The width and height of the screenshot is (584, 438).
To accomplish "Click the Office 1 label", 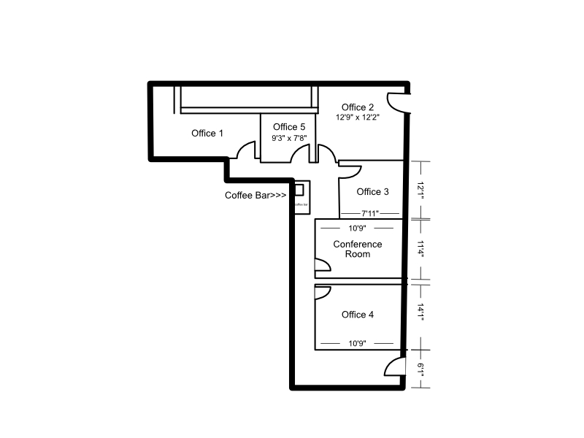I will click(207, 133).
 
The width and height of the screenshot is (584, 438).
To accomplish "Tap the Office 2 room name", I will click(358, 108).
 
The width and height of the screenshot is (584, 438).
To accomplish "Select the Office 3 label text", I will click(372, 192).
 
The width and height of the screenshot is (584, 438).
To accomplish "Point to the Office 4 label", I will click(358, 315).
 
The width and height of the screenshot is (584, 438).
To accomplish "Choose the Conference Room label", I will click(358, 249).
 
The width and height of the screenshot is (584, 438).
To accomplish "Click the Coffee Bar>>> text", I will click(255, 196).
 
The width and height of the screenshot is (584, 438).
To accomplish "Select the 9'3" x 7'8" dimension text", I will click(289, 138).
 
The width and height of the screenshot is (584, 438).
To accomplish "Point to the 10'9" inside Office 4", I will click(358, 342).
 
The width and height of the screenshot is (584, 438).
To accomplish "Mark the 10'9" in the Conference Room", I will click(358, 228).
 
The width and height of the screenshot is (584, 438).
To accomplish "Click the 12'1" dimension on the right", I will click(420, 190).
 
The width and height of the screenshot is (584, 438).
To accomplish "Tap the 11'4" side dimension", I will click(420, 249).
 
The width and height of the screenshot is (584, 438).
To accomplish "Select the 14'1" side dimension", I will click(420, 312).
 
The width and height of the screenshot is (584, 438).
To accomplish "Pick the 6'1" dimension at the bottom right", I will click(420, 369).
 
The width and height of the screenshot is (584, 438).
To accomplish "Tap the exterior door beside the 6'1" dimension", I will click(396, 367).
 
